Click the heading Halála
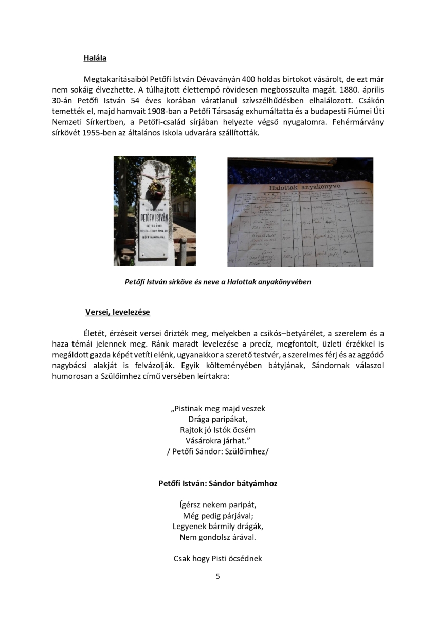pyautogui.click(x=95, y=58)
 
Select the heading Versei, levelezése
pyautogui.click(x=118, y=312)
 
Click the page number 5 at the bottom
pyautogui.click(x=217, y=576)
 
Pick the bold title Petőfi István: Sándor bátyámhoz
pyautogui.click(x=218, y=484)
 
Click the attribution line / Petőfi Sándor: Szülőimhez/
pyautogui.click(x=218, y=451)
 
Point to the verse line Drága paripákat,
pyautogui.click(x=218, y=419)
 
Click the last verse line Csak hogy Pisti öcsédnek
pyautogui.click(x=218, y=558)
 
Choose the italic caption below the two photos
pyautogui.click(x=218, y=282)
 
